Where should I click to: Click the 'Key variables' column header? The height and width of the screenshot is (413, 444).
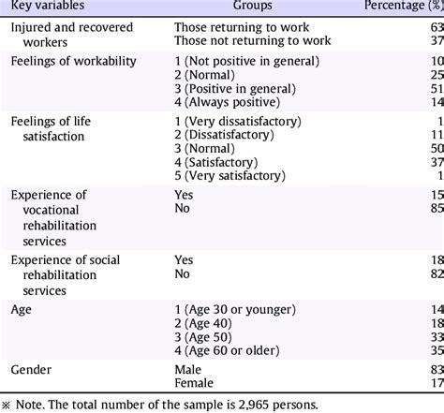[48, 5]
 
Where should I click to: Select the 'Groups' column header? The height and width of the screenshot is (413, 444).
[252, 5]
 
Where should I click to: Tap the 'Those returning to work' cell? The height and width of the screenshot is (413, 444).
[242, 27]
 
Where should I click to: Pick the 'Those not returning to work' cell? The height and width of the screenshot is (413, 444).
[253, 40]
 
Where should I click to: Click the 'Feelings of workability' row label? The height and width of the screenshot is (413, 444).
[74, 61]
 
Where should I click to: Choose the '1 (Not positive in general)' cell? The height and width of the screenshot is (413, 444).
[247, 61]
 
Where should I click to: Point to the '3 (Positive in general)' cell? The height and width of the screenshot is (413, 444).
[235, 89]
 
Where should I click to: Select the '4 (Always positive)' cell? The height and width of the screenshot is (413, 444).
[228, 102]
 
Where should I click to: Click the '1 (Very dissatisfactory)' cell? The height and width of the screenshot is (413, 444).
[238, 121]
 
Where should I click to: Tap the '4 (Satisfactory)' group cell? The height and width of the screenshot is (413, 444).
[216, 162]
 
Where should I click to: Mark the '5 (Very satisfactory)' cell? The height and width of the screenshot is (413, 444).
[230, 176]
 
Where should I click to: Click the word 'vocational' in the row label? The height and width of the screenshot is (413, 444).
[51, 210]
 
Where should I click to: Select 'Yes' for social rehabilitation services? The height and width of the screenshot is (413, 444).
[184, 260]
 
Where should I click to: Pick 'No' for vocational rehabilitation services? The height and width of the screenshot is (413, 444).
[182, 208]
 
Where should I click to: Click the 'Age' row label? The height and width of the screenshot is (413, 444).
[22, 310]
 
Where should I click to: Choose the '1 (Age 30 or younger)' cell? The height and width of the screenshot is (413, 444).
[235, 310]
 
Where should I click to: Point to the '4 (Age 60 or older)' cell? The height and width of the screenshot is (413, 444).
[227, 350]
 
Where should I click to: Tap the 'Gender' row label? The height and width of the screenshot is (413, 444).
[31, 370]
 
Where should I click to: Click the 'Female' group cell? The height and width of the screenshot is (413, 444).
[194, 383]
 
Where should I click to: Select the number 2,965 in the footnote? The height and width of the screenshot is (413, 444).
[253, 405]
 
